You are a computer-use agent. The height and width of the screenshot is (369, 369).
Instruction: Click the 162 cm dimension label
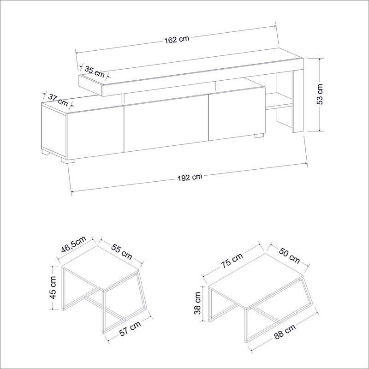[176, 40]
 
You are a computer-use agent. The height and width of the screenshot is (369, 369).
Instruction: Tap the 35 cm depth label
[94, 71]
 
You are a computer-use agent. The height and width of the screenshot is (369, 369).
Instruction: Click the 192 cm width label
[190, 177]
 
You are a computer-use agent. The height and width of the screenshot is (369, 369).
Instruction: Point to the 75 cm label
[232, 262]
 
